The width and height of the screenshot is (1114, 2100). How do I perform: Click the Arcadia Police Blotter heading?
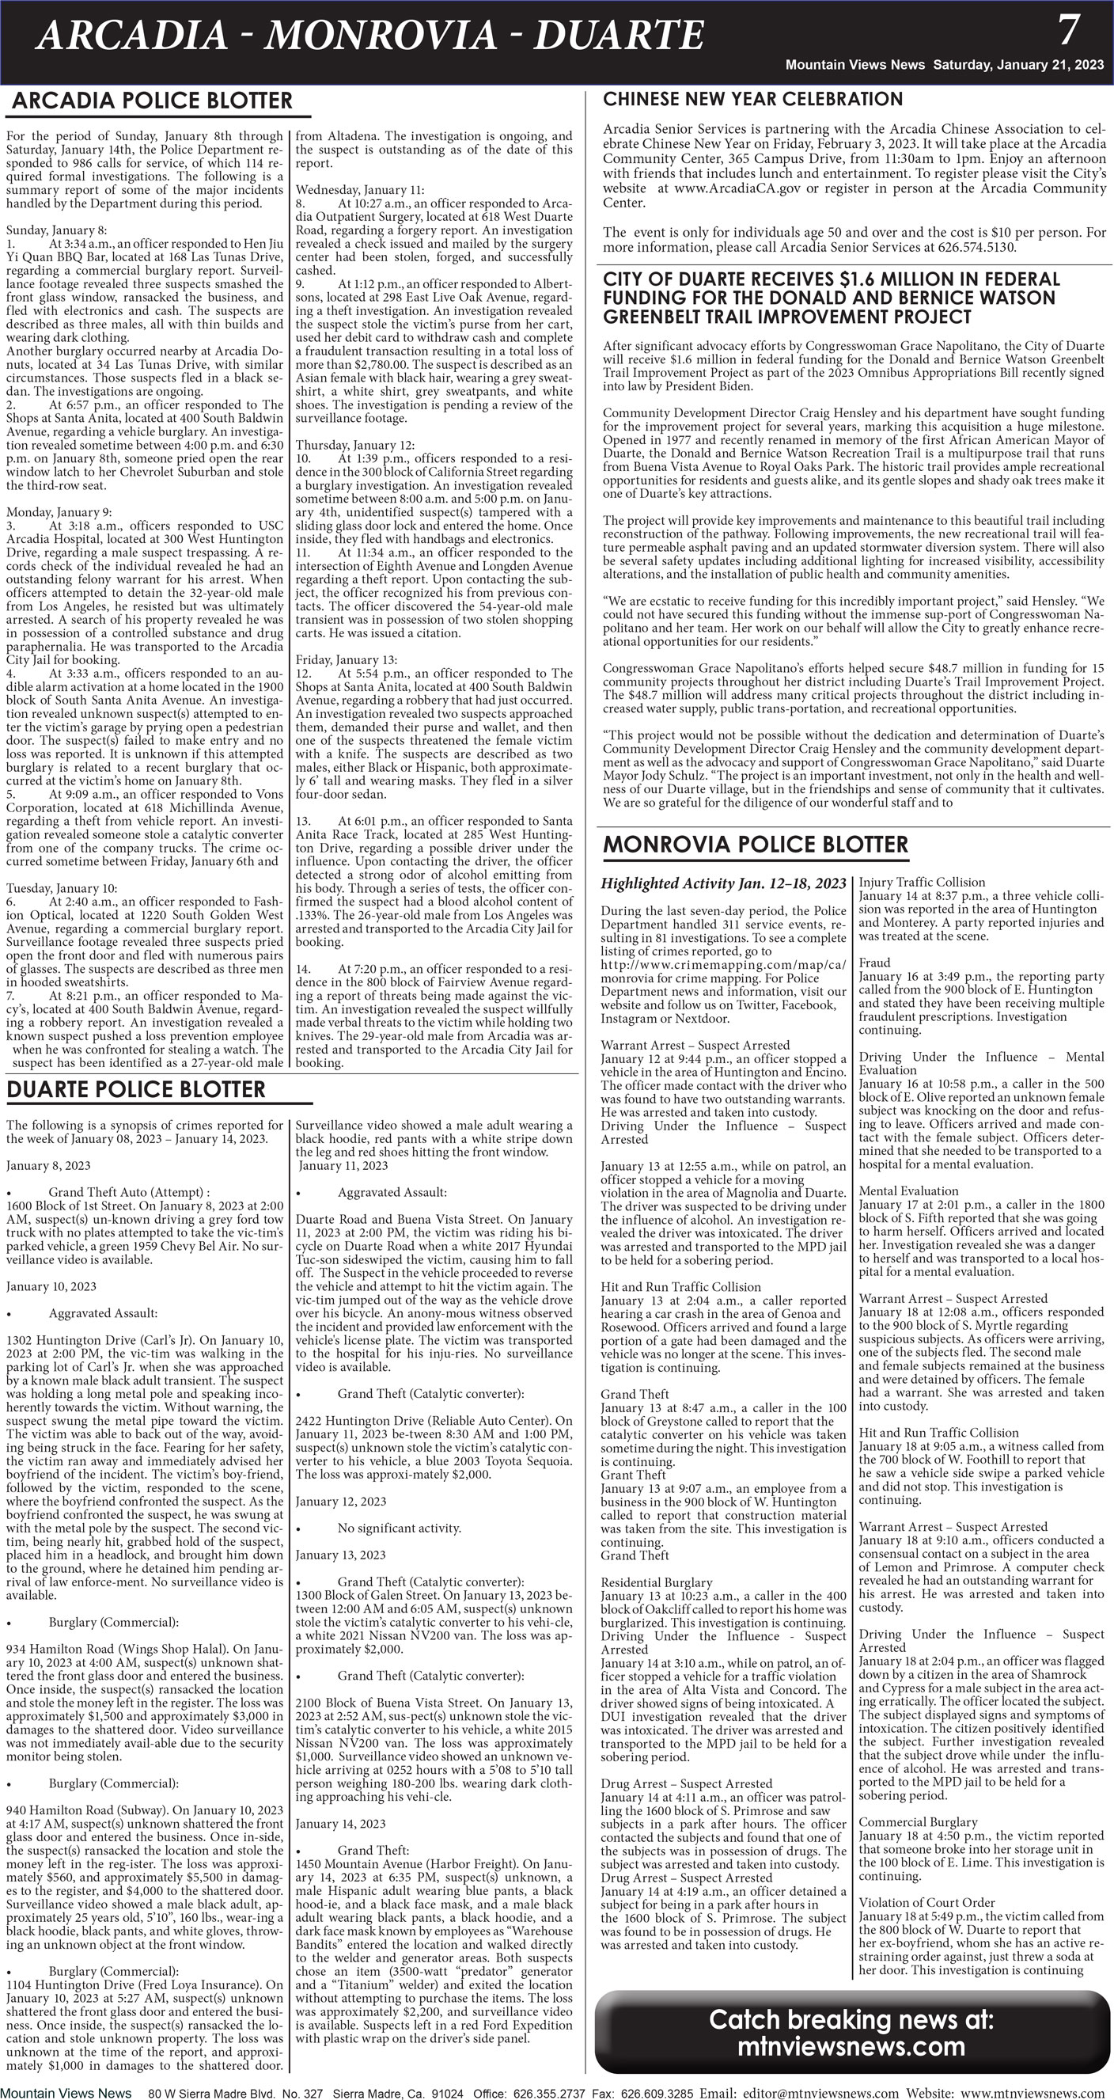pos(152,101)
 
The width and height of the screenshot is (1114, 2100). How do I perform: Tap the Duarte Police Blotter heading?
pos(135,1090)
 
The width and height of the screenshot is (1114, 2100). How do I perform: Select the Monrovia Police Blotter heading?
pos(755,845)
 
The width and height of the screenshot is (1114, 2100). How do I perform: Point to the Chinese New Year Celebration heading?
pos(752,100)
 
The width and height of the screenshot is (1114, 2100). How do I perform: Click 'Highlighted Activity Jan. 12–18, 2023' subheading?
pos(723,883)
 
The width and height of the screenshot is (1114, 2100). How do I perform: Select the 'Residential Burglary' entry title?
pos(656,1582)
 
